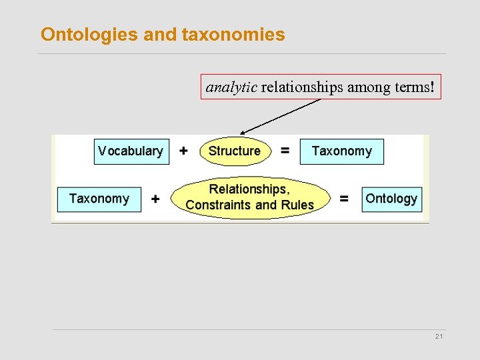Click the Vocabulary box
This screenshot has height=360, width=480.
point(131,151)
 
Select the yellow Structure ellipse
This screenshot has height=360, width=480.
point(235,151)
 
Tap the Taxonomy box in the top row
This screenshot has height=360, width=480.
point(341,151)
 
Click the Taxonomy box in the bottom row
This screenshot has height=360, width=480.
point(99,199)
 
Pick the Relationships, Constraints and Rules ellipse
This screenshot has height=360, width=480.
point(250,197)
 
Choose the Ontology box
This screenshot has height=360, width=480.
point(391,199)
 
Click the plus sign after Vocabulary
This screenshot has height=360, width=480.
point(184,151)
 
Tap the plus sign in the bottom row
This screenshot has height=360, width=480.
point(155,199)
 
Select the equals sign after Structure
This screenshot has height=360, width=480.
point(285,151)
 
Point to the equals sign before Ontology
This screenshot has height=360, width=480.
point(345,199)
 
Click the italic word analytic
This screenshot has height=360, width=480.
point(231,87)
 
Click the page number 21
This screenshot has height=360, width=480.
point(439,337)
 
